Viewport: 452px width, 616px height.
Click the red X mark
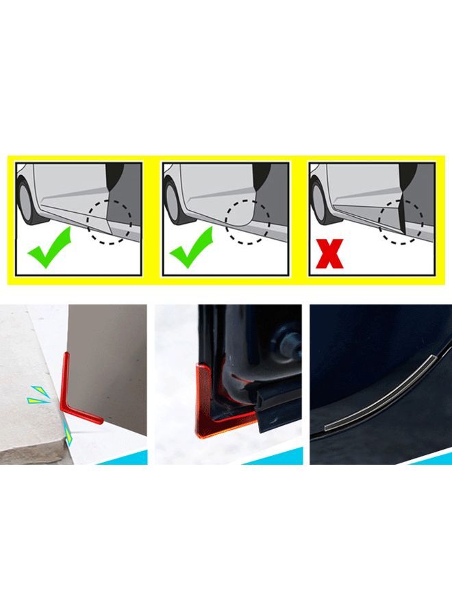coord(329,251)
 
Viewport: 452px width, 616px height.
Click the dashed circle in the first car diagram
coord(110,221)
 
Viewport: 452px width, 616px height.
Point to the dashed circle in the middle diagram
coord(249,221)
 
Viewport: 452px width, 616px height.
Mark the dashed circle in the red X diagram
coord(402,221)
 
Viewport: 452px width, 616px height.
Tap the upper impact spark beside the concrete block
coord(37,395)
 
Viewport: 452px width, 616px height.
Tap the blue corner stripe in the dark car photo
coord(431,457)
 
